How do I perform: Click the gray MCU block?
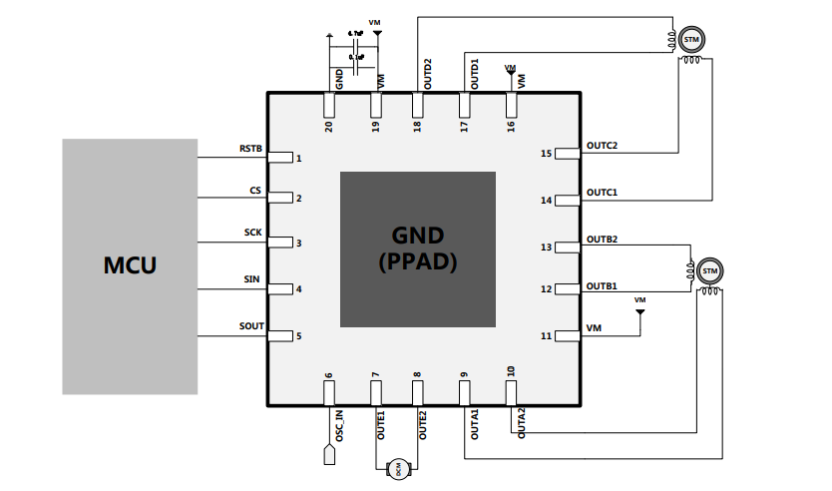[x=131, y=265]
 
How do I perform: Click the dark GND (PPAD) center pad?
[x=418, y=249]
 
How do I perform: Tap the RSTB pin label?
[x=250, y=149]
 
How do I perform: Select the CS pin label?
[x=255, y=190]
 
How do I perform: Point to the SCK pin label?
[x=253, y=233]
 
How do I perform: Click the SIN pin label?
[x=253, y=279]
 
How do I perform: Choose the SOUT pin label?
[x=251, y=326]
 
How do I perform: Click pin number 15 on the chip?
[x=546, y=154]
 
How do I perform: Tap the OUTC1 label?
[x=603, y=192]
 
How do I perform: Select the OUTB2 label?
[x=603, y=239]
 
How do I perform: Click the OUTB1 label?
[x=603, y=286]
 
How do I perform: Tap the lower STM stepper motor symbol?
[x=709, y=270]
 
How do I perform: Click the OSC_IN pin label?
[x=339, y=426]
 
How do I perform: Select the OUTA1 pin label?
[x=475, y=424]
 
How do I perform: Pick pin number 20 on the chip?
[x=328, y=126]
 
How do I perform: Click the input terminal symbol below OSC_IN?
[x=328, y=456]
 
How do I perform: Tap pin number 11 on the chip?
[x=546, y=336]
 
